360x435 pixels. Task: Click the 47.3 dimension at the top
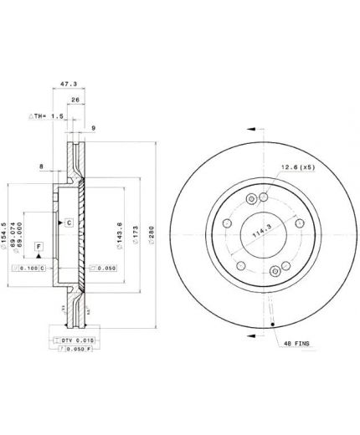[69, 84]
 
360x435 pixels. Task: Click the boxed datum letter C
[69, 222]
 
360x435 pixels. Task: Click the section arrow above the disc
[250, 129]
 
